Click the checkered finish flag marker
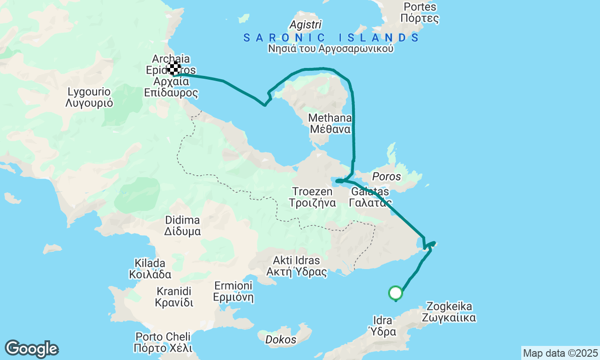pyautogui.click(x=174, y=68)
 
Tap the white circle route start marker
pyautogui.click(x=396, y=293)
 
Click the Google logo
pyautogui.click(x=31, y=349)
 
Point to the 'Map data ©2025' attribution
pyautogui.click(x=560, y=353)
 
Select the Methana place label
pyautogui.click(x=330, y=123)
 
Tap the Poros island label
pyautogui.click(x=386, y=177)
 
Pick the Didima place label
pyautogui.click(x=182, y=225)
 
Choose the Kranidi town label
pyautogui.click(x=174, y=296)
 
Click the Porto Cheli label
pyautogui.click(x=163, y=342)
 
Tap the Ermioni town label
pyautogui.click(x=233, y=291)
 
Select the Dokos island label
pyautogui.click(x=281, y=339)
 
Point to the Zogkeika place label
pyautogui.click(x=449, y=312)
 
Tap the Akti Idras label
pyautogui.click(x=296, y=266)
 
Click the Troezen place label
pyautogui.click(x=312, y=197)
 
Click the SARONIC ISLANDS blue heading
pyautogui.click(x=331, y=38)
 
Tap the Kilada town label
pyautogui.click(x=150, y=269)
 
